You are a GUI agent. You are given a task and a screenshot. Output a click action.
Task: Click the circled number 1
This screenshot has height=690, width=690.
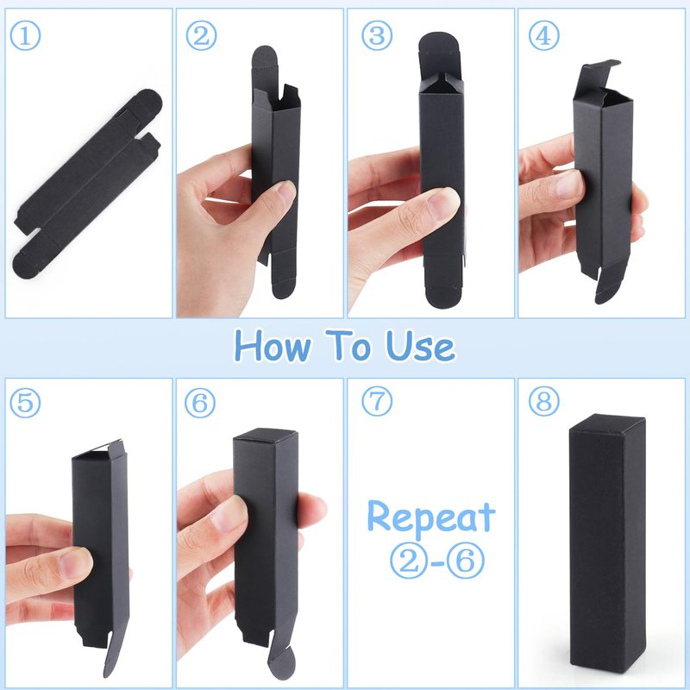(25, 36)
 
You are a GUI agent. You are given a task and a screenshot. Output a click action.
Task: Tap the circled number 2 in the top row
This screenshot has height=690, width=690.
(201, 35)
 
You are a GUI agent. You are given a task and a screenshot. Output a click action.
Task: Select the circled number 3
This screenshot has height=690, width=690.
(377, 35)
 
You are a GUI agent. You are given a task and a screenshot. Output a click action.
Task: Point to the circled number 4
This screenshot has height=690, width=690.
(544, 35)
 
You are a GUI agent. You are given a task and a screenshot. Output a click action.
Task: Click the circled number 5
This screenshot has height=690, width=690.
(25, 403)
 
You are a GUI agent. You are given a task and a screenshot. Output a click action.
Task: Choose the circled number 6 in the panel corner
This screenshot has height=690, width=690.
(200, 403)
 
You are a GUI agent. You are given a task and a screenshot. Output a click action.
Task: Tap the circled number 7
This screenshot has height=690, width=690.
(377, 401)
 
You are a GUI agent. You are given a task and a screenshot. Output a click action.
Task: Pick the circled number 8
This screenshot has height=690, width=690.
(544, 401)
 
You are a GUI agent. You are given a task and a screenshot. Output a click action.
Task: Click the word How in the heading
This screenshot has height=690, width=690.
(273, 347)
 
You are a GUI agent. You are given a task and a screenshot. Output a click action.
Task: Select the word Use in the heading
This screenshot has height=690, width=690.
(420, 347)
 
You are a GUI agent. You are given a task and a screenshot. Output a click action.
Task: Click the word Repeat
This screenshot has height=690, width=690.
(431, 517)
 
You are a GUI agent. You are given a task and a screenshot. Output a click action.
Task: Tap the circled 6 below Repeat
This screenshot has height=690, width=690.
(466, 561)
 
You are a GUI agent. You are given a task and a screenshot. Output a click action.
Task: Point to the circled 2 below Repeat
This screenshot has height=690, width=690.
(408, 561)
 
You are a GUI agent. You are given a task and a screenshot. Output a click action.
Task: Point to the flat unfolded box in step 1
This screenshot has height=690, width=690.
(87, 184)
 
